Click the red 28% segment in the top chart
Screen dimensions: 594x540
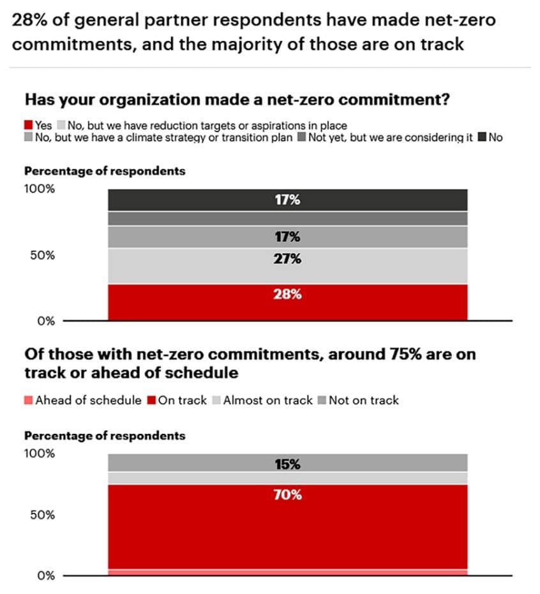[x=287, y=302]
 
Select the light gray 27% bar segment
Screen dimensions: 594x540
[x=287, y=265]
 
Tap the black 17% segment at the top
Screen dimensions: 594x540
[x=287, y=200]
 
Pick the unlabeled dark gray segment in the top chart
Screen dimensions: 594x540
[x=287, y=218]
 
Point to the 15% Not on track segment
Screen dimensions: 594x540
[x=287, y=463]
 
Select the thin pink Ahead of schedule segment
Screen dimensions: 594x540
[x=287, y=572]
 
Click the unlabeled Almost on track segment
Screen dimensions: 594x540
[x=287, y=478]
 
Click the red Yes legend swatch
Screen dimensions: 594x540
[x=29, y=126]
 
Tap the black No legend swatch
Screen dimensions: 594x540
[x=482, y=137]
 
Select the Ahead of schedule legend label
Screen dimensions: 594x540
[x=88, y=401]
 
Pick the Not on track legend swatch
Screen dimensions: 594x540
[x=322, y=401]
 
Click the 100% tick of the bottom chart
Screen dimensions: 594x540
[x=40, y=454]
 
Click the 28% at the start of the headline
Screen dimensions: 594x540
[x=29, y=20]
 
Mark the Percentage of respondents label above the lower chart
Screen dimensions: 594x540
[x=105, y=436]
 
